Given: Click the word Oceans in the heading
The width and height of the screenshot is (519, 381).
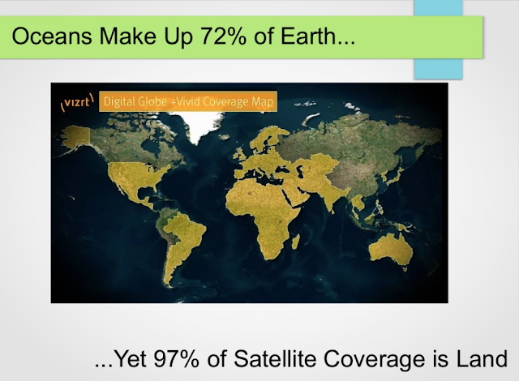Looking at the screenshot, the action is pyautogui.click(x=52, y=36).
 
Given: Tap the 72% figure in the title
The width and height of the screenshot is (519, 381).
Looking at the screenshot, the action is pyautogui.click(x=223, y=36).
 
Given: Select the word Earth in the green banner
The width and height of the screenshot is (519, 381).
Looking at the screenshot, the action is pyautogui.click(x=309, y=36).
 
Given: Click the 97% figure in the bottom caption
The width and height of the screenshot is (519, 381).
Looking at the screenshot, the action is pyautogui.click(x=177, y=359).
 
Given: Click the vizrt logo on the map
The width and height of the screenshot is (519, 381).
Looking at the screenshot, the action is pyautogui.click(x=77, y=101).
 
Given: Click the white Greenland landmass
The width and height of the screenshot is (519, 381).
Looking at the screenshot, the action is pyautogui.click(x=200, y=125).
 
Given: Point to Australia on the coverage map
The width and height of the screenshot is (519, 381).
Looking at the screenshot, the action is pyautogui.click(x=391, y=250).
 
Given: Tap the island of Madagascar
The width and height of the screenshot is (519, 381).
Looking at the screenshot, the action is pyautogui.click(x=295, y=242).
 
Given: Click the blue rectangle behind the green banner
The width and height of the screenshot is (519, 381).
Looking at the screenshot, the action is pyautogui.click(x=438, y=69).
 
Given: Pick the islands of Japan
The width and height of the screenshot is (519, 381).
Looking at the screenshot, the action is pyautogui.click(x=395, y=177).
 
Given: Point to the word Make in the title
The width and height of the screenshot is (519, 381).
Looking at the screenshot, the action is pyautogui.click(x=128, y=36).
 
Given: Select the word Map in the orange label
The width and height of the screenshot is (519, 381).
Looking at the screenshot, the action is pyautogui.click(x=263, y=102).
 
